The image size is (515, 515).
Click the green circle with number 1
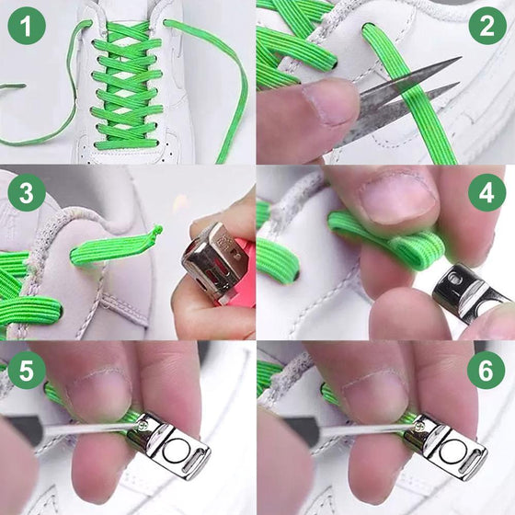pos(28,28)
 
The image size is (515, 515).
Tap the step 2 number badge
pos(486,28)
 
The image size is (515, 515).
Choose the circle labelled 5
pos(28,370)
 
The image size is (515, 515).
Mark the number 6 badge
pos(486,370)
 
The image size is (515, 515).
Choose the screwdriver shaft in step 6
pos(359,429)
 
